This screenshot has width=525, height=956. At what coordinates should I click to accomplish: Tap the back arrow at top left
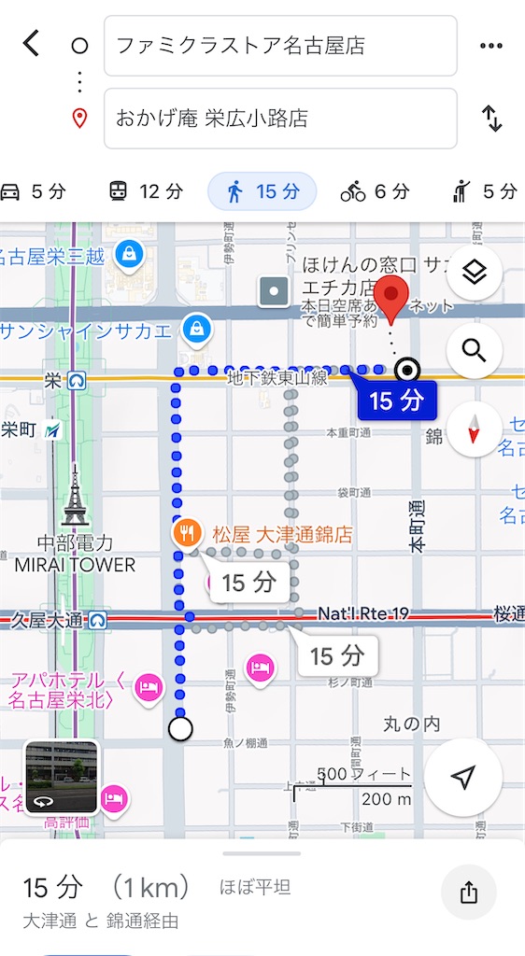[x=32, y=44]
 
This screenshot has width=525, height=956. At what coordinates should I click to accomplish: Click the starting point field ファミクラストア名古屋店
[x=280, y=45]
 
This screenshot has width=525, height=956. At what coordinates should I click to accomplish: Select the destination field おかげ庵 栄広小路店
[x=280, y=119]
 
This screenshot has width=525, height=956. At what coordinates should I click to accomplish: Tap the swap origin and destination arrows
[x=491, y=119]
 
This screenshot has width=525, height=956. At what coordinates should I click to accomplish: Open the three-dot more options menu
[x=491, y=46]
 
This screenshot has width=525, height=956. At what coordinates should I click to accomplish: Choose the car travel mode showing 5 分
[x=34, y=191]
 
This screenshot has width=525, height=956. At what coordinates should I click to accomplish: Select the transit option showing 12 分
[x=146, y=191]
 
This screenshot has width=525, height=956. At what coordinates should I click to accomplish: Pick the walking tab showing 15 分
[x=262, y=191]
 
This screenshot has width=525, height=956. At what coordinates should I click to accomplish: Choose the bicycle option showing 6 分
[x=375, y=191]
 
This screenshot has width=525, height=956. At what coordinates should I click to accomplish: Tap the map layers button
[x=475, y=273]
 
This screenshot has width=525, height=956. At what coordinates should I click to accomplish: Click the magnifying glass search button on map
[x=475, y=351]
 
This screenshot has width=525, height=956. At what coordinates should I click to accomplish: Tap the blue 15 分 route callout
[x=397, y=401]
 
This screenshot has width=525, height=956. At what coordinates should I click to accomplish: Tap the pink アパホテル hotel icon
[x=149, y=688]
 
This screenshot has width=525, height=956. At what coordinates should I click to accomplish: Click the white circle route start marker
[x=181, y=728]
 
